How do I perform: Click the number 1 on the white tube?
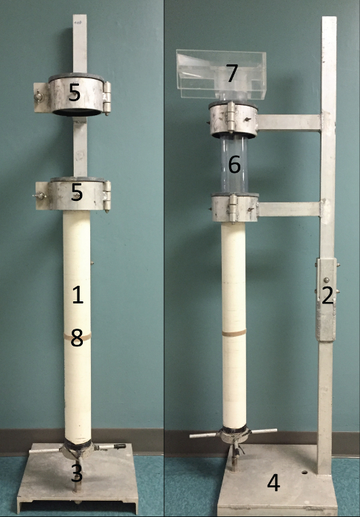(x=78, y=295)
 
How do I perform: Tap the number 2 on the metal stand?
(x=327, y=295)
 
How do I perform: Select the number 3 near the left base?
(x=77, y=473)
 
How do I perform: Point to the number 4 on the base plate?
(x=274, y=483)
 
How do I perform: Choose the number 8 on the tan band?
(x=77, y=338)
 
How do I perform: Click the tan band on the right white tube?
(x=234, y=332)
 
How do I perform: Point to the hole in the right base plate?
(x=305, y=472)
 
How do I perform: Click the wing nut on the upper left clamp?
(x=39, y=97)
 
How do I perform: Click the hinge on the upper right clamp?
(x=231, y=117)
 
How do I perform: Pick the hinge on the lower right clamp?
(x=234, y=208)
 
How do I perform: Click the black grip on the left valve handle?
(x=120, y=446)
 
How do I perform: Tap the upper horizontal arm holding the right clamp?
(x=289, y=123)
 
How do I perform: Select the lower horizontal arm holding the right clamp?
(x=289, y=209)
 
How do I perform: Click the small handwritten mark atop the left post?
(x=78, y=23)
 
